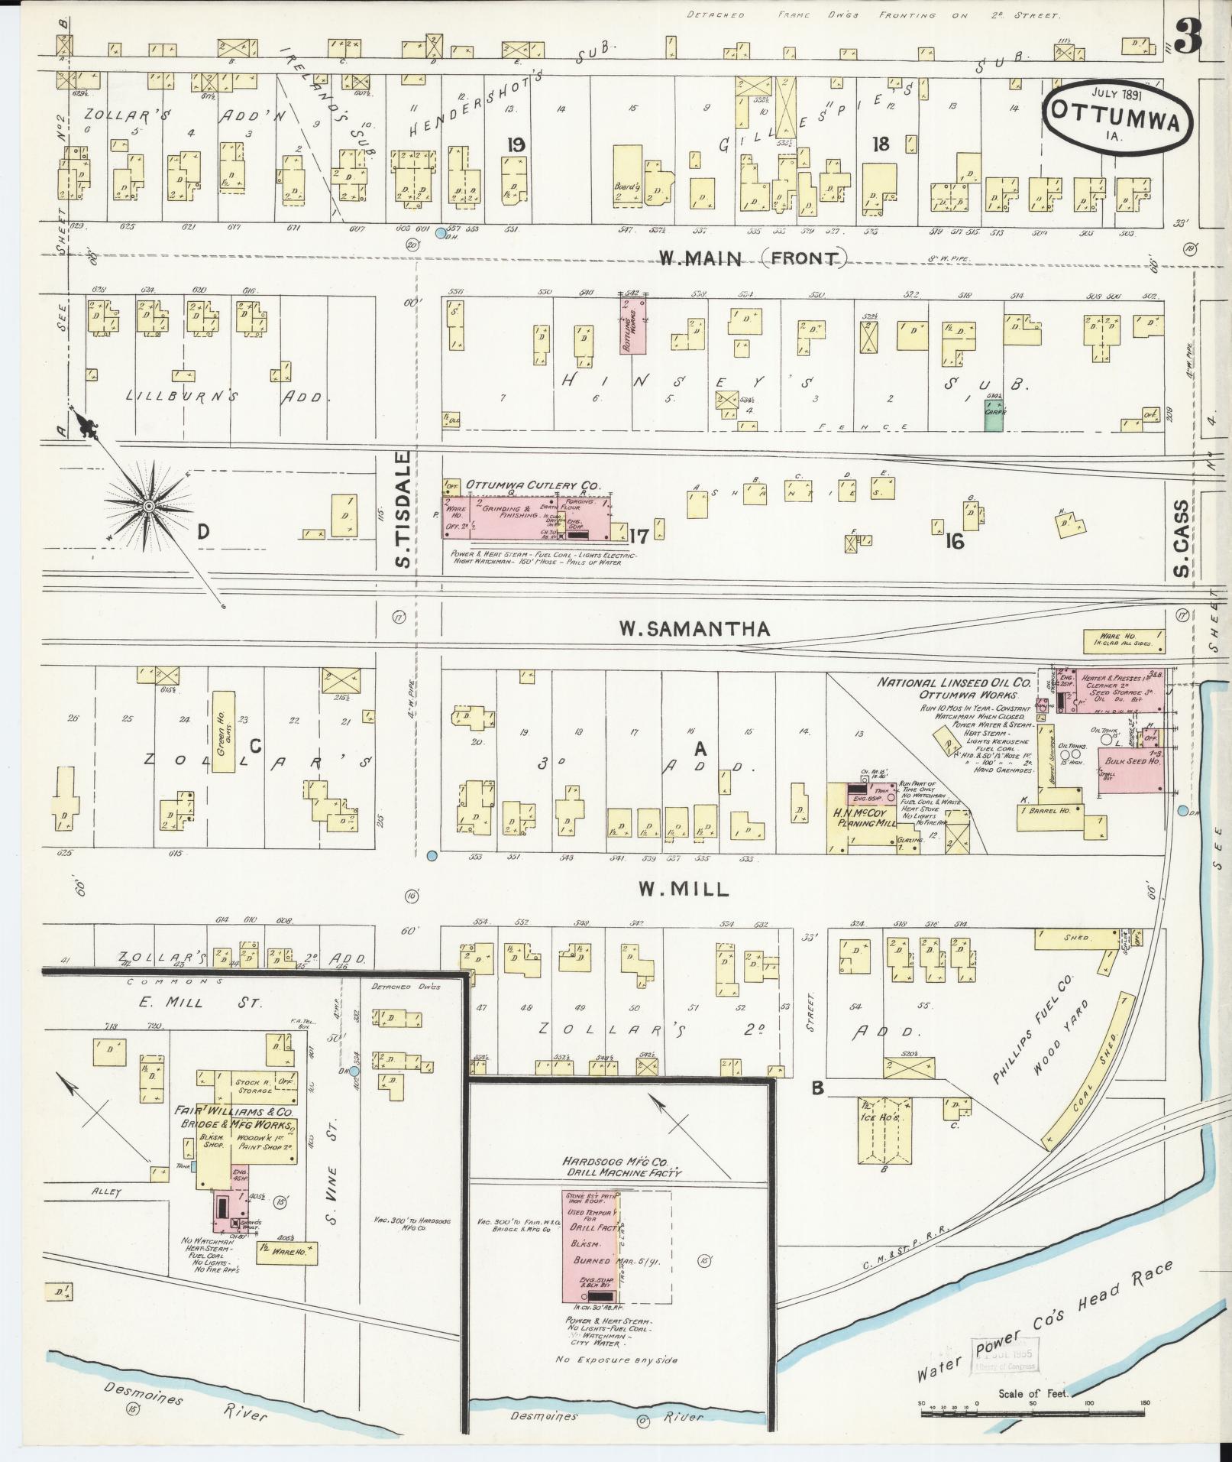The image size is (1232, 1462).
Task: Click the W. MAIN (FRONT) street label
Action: (752, 258)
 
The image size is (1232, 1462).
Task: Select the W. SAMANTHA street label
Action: (694, 629)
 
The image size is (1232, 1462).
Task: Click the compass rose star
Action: (149, 507)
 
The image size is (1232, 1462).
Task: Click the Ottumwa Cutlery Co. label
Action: (533, 485)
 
